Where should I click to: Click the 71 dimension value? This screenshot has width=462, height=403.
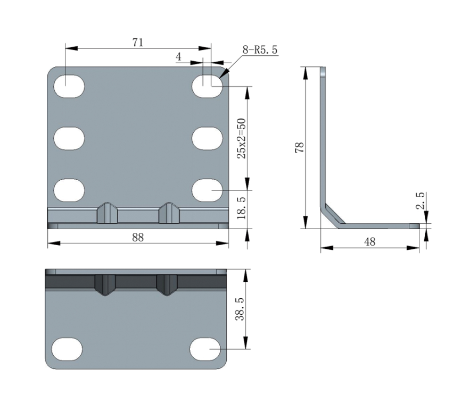(138, 43)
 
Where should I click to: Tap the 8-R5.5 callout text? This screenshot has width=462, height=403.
(260, 50)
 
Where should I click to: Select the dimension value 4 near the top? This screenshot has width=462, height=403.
(178, 57)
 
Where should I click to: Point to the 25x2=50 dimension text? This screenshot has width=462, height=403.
(242, 138)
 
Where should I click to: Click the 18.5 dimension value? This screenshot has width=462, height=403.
(242, 208)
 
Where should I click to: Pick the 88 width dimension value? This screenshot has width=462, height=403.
(138, 237)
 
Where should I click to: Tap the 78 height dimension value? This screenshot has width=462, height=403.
(299, 147)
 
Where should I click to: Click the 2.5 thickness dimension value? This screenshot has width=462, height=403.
(420, 200)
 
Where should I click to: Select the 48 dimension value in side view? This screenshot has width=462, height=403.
(370, 242)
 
